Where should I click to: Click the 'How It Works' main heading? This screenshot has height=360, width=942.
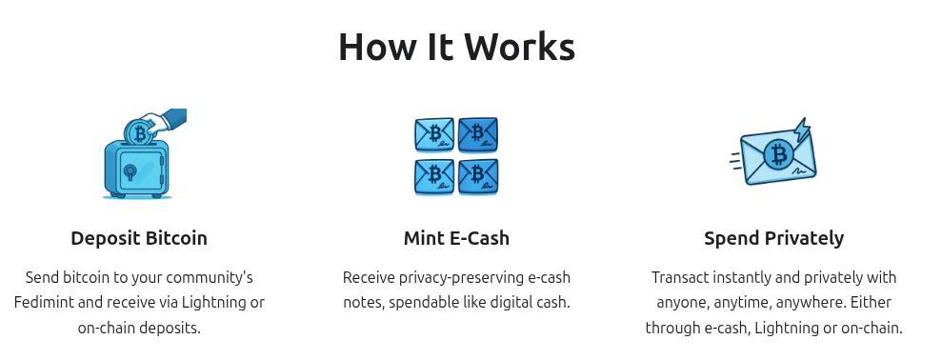coord(456,47)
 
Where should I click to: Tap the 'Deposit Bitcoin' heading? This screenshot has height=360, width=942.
coord(139,238)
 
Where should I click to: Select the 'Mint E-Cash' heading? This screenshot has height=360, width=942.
coord(456,238)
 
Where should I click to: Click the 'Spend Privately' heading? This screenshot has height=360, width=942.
coord(773,238)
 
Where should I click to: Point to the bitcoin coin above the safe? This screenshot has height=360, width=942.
coord(140,132)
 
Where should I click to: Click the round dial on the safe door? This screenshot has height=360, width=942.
coord(130,172)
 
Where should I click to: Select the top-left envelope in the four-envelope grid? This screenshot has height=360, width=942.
coord(434,134)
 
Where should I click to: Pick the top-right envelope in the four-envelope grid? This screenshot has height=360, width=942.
coord(478,134)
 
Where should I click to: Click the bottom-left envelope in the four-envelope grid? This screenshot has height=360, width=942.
coord(434,176)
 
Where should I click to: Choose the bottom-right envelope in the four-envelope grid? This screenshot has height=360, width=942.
coord(478,176)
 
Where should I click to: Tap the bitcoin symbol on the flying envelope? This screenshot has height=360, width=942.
coord(779,154)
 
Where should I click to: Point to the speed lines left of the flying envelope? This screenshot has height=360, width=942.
coord(736,160)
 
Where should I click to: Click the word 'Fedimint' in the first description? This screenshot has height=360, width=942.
coord(44,303)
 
